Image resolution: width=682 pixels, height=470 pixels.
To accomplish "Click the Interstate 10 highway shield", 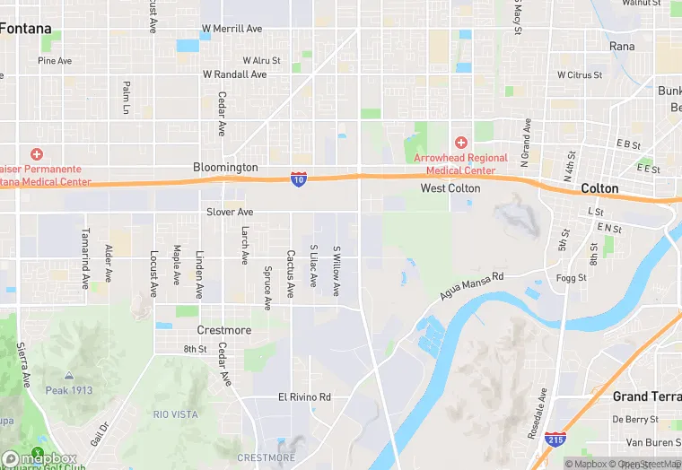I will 298,180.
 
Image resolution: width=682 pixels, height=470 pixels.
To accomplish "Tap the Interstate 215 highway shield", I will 555,440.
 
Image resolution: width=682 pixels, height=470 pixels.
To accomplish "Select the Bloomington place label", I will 225,168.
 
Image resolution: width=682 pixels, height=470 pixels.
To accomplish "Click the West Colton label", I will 450,188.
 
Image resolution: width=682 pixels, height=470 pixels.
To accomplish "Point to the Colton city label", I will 599,188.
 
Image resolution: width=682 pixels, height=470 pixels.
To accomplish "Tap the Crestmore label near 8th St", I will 223,330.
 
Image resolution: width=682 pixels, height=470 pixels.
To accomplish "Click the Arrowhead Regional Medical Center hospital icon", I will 460,143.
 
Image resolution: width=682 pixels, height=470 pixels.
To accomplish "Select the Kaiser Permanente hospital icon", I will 37,154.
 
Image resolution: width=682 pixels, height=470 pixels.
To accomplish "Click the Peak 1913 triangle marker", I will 69,377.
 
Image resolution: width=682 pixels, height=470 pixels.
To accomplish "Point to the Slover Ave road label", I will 230,212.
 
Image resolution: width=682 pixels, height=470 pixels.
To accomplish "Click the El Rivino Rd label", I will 304,396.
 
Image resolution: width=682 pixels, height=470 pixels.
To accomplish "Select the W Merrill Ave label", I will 232,29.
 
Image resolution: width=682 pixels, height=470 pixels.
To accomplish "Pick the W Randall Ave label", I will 234,74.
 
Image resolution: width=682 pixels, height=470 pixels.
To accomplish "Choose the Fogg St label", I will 570,278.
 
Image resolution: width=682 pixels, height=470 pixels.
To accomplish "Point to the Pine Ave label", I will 55,61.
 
